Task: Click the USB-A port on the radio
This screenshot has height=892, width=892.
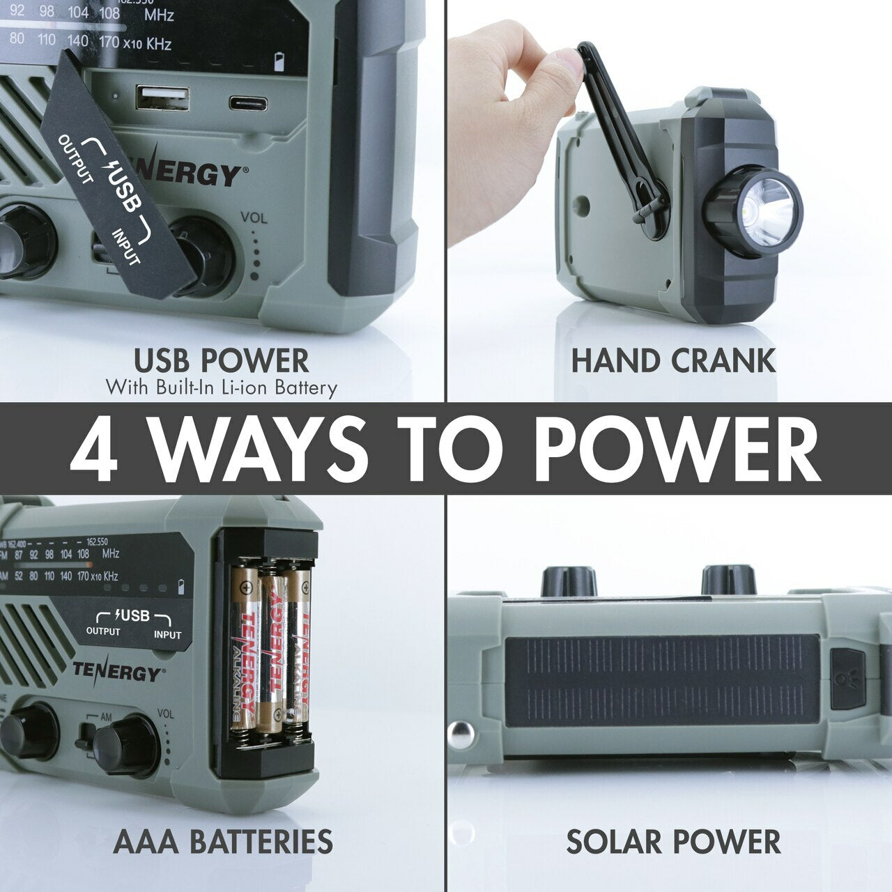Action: click(x=162, y=98)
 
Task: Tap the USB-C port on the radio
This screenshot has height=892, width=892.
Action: click(x=248, y=105)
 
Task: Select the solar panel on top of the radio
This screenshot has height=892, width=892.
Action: click(x=661, y=680)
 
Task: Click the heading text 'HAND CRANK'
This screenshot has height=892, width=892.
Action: click(x=672, y=360)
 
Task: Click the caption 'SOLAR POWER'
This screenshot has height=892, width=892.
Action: click(x=672, y=841)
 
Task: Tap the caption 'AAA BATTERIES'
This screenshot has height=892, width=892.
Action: click(x=222, y=841)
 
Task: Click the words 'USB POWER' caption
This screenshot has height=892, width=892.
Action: click(x=221, y=360)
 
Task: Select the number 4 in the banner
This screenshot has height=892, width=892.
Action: click(x=94, y=449)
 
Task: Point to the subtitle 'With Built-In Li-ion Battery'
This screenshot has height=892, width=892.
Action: click(x=221, y=387)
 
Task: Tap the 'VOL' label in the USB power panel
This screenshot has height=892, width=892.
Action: click(x=254, y=217)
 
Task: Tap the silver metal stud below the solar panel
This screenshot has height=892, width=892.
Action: click(x=461, y=734)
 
